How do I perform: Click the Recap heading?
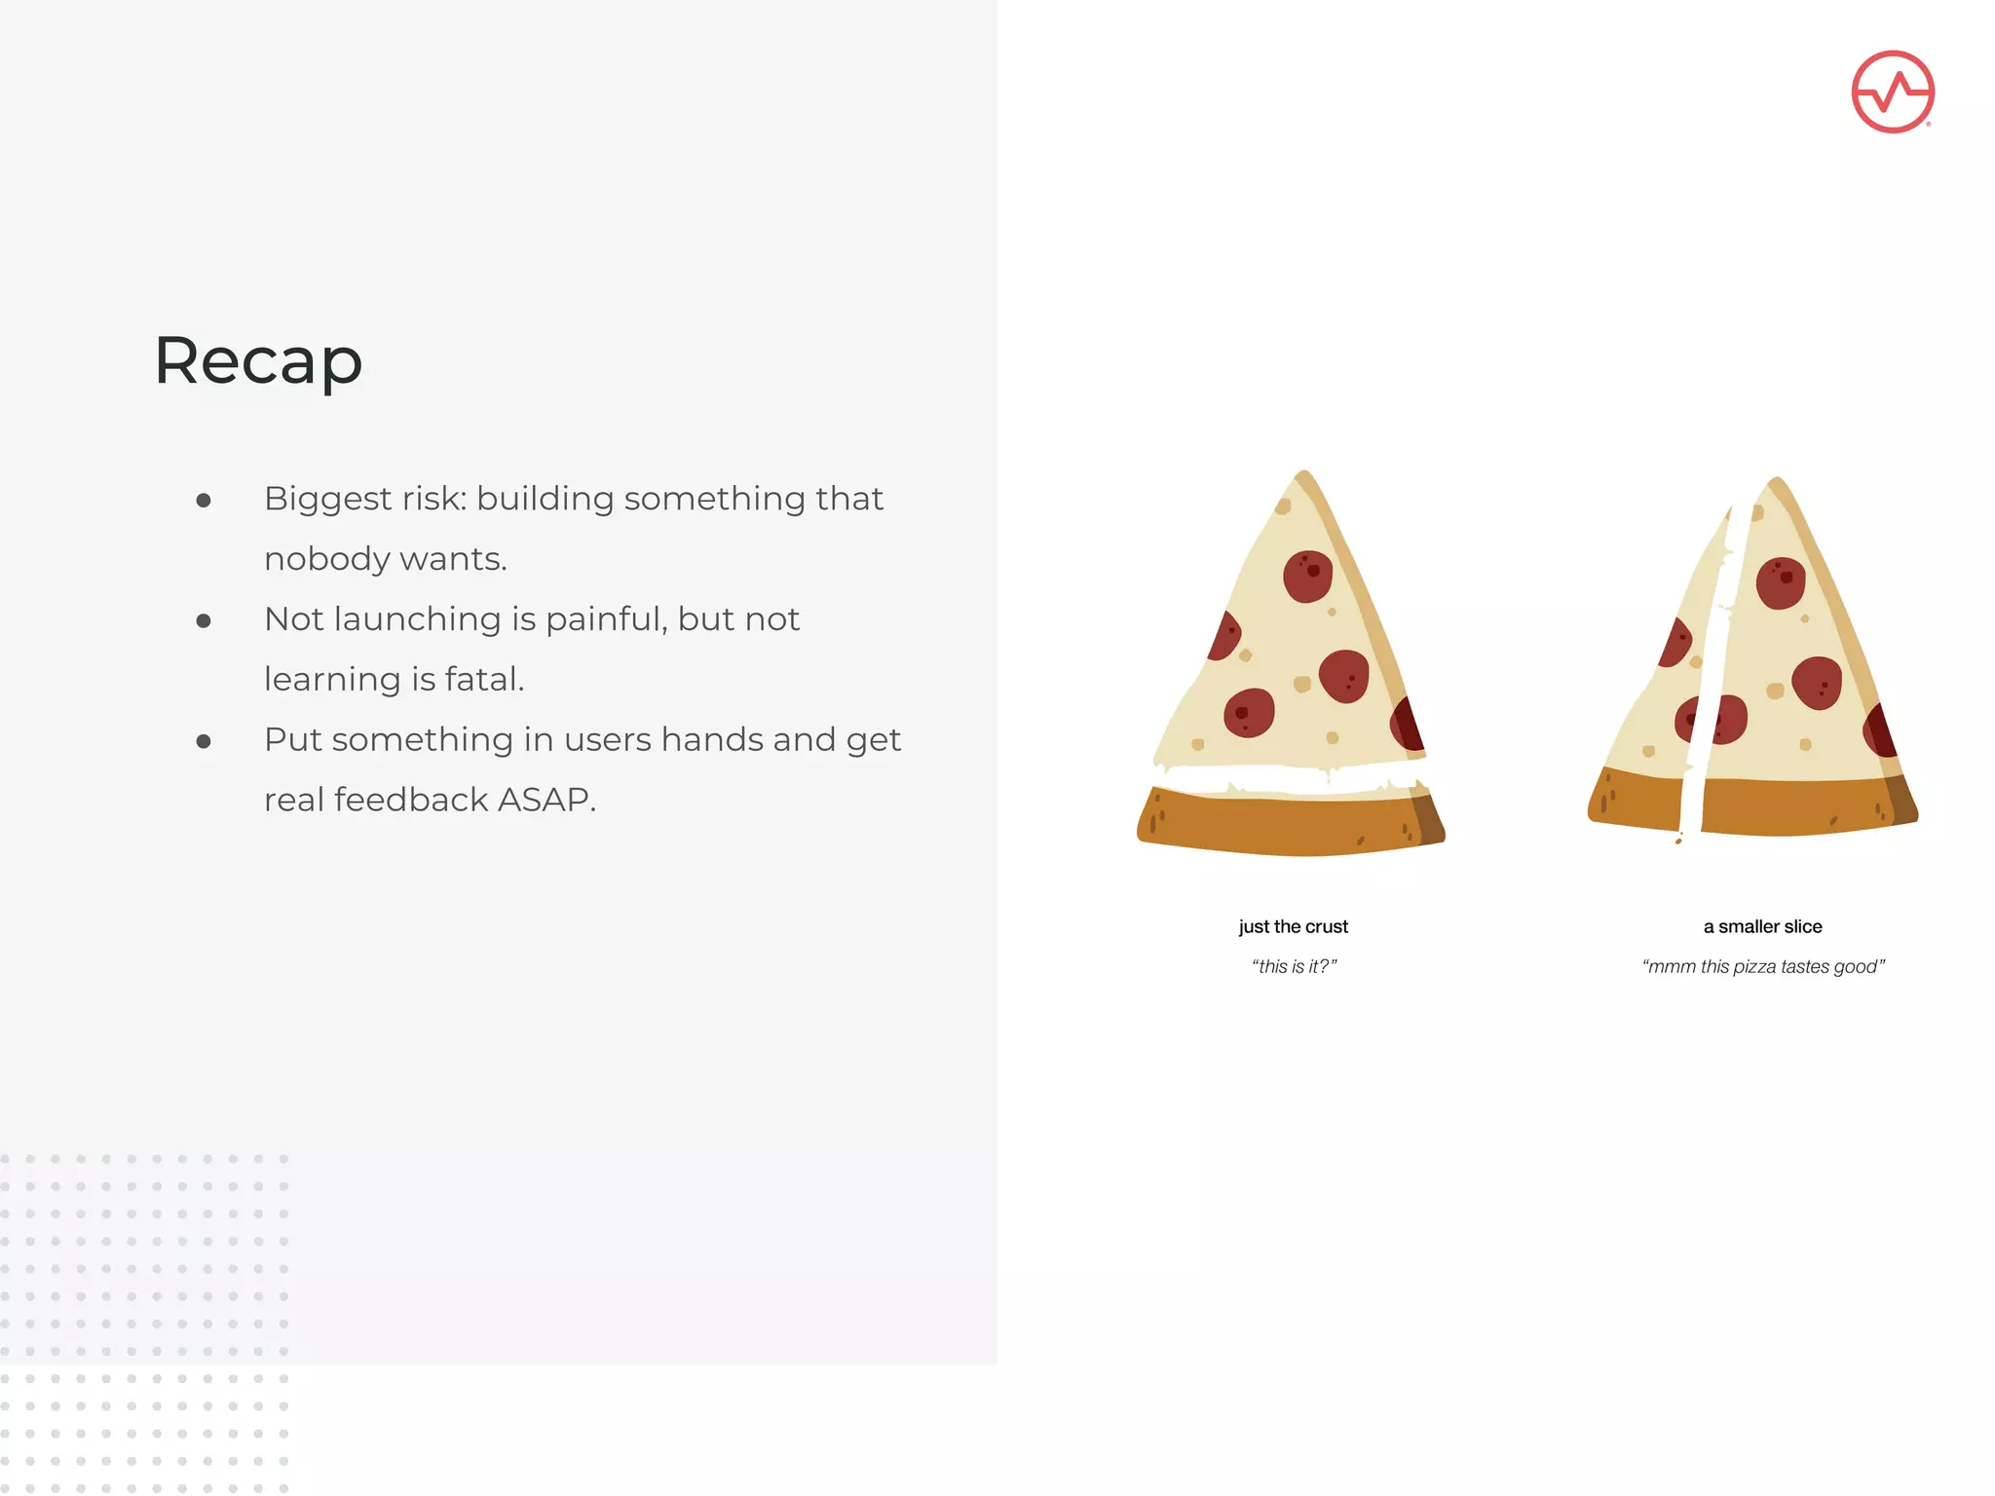click(258, 361)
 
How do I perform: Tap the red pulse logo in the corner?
click(1892, 92)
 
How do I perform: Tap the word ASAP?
click(546, 800)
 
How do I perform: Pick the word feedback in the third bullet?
click(411, 800)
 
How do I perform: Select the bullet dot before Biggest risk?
click(204, 501)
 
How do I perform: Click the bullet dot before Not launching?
click(204, 621)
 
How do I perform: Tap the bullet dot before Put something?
click(204, 742)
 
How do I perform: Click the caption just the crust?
click(1293, 926)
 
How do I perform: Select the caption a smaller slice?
click(1762, 926)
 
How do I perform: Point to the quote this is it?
click(1294, 966)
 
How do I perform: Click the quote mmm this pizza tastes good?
click(1763, 966)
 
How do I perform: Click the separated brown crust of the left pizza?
click(1286, 823)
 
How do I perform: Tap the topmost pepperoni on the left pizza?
click(1307, 576)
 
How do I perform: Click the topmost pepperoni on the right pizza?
click(1780, 582)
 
